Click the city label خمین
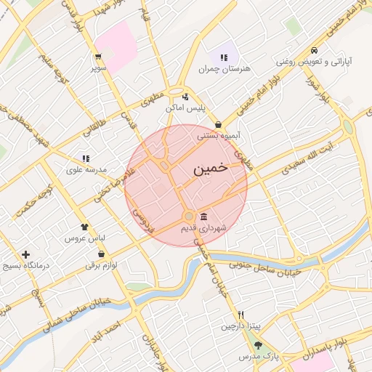click(x=211, y=168)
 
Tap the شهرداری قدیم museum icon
click(x=203, y=217)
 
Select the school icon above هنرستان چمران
click(x=224, y=57)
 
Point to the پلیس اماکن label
click(x=186, y=108)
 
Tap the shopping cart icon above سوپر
click(x=98, y=57)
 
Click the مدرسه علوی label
click(x=86, y=169)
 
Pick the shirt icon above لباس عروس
click(x=84, y=227)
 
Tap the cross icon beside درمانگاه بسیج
click(x=26, y=255)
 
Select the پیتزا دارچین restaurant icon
click(x=240, y=315)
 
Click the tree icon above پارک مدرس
click(x=258, y=345)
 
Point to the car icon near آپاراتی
click(x=314, y=51)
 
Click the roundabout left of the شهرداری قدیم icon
click(x=189, y=216)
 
